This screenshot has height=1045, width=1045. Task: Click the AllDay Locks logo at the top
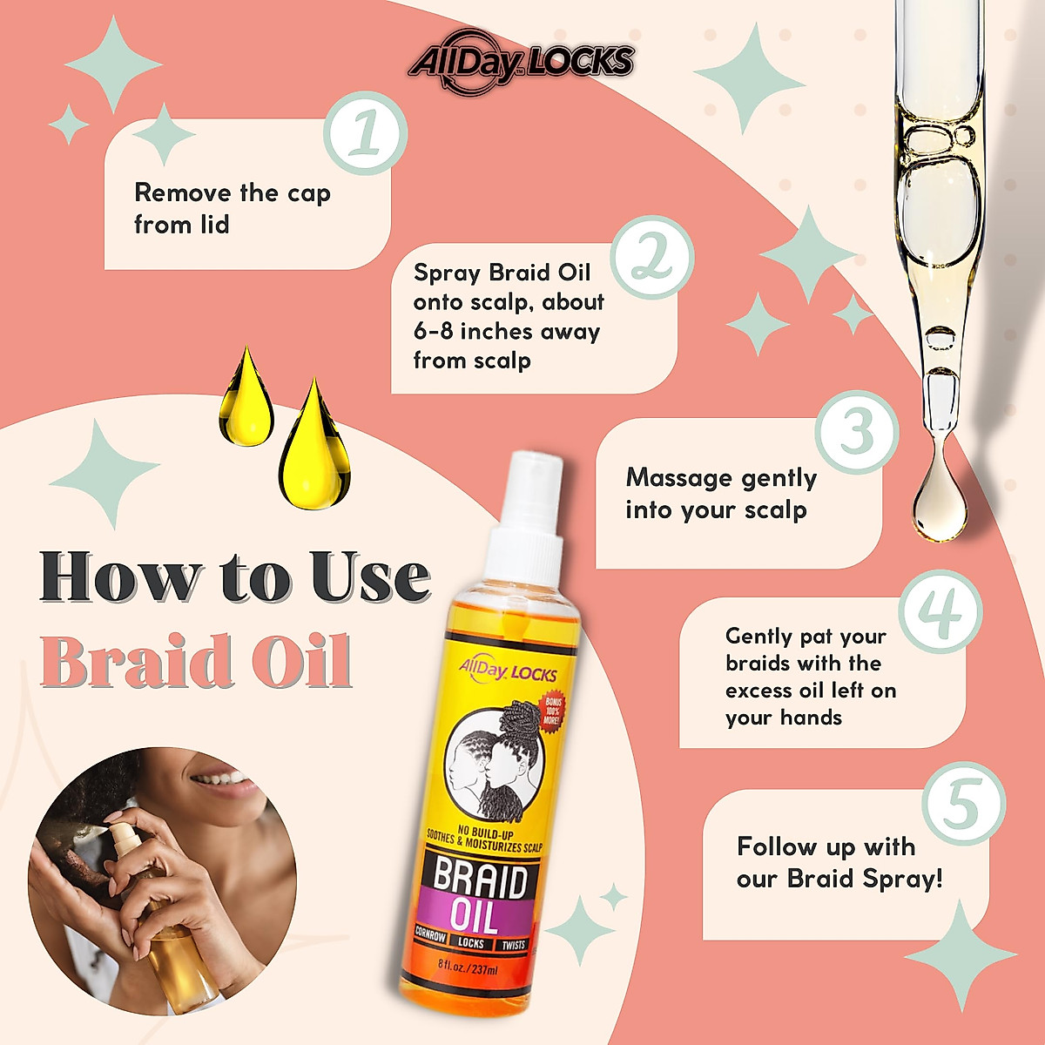coord(521,63)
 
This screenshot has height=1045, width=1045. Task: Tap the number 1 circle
coord(366,134)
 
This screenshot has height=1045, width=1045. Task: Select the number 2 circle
coord(652,258)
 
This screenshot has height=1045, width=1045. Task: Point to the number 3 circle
coord(857,430)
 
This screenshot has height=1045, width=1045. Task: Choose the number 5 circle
coord(963,804)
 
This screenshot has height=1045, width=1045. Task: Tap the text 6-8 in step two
coord(434,332)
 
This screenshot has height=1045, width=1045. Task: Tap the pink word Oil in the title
coord(307,662)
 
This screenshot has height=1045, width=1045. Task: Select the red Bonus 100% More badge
coord(553,711)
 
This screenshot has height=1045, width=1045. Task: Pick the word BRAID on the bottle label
coord(480,879)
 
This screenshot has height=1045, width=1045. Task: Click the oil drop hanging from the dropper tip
coord(939,500)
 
